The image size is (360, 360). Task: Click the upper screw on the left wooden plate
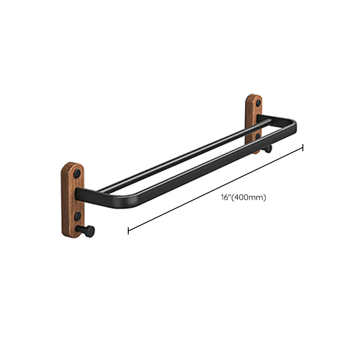[77, 173]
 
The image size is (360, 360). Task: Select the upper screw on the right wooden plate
[258, 103]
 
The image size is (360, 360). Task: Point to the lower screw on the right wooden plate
[257, 135]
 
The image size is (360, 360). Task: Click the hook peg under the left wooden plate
[87, 231]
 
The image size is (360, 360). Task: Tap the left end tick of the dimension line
[128, 231]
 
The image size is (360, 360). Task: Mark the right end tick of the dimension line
[303, 147]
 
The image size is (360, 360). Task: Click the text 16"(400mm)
[243, 198]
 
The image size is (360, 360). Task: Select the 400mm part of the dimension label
[249, 198]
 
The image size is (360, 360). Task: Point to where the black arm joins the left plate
[81, 195]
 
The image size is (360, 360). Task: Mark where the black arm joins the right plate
[261, 119]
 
